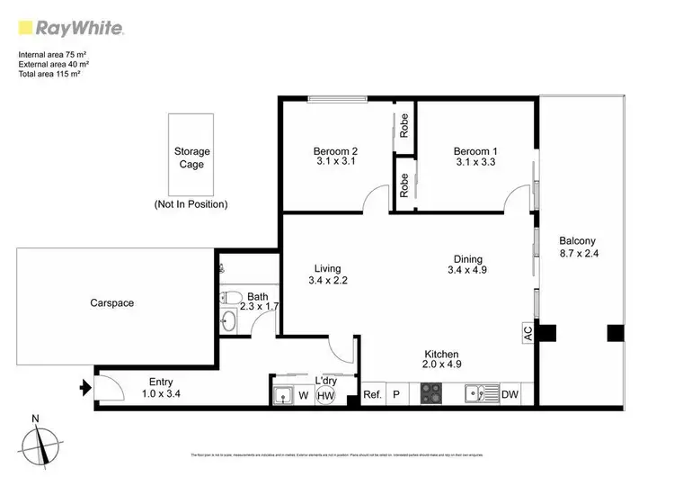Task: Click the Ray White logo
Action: (x=71, y=29)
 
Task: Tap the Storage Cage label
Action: (x=191, y=157)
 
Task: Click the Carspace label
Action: (x=111, y=303)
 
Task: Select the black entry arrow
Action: (x=85, y=388)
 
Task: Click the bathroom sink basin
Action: (x=228, y=319)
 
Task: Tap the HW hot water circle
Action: (x=326, y=393)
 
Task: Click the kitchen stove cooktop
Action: (x=431, y=394)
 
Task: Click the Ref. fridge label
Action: (x=372, y=394)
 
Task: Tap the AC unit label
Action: (x=527, y=333)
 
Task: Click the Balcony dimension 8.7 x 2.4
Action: (x=578, y=254)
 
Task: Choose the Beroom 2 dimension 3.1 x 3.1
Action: (x=336, y=163)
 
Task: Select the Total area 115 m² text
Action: (x=53, y=75)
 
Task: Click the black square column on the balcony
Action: (x=614, y=333)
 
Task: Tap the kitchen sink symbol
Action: (x=476, y=393)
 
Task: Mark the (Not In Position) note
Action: (x=191, y=204)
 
